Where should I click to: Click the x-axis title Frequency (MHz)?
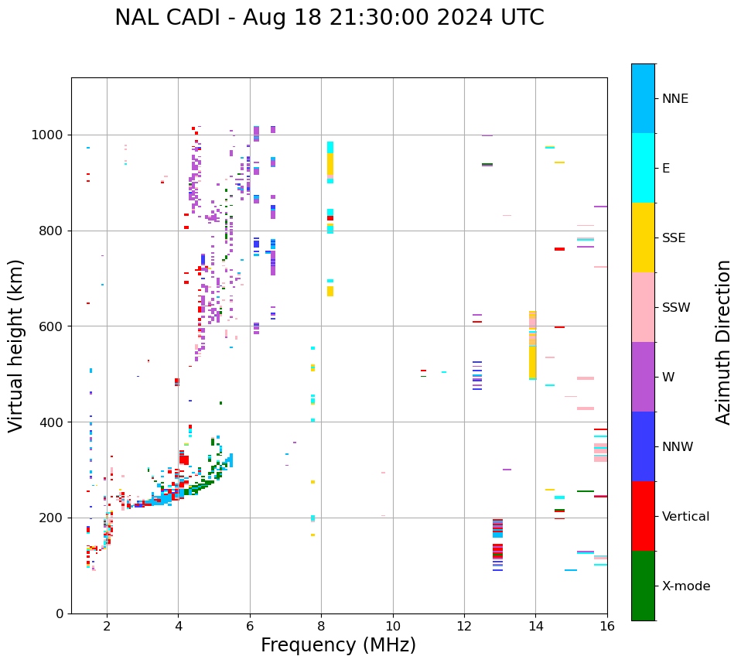(338, 645)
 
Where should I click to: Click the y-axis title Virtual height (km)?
(16, 346)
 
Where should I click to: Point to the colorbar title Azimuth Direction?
(723, 342)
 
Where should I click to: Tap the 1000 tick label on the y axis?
(48, 135)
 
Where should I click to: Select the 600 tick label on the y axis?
(52, 326)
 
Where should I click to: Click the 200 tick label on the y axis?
(52, 518)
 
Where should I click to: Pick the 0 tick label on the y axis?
(60, 613)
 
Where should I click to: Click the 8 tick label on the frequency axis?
(322, 626)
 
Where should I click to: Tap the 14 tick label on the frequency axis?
(536, 626)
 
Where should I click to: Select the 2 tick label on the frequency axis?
(107, 626)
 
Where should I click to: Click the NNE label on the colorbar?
(674, 99)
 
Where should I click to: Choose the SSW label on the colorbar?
(676, 308)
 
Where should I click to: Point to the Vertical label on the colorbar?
(685, 517)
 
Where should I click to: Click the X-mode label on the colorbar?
(686, 586)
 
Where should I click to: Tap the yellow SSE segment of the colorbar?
(643, 238)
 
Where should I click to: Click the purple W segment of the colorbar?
(643, 377)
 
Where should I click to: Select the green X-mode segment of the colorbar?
(643, 586)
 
